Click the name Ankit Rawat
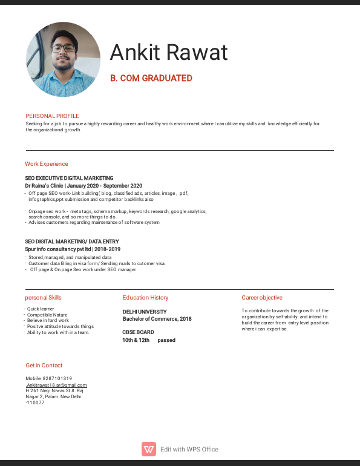169,53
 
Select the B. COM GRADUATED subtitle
151,78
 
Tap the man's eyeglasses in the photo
63,48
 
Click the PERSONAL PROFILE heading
52,116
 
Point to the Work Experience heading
47,164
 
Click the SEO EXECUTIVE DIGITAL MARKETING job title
69,179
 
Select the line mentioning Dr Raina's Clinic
83,186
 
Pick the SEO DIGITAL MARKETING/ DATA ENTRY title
72,242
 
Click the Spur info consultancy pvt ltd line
73,249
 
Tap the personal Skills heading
43,298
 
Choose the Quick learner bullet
41,309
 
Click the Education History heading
145,298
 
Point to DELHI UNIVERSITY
145,312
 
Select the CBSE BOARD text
138,332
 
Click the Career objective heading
262,298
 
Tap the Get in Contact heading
44,366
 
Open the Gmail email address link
56,385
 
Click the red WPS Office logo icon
149,449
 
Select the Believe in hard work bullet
48,321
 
